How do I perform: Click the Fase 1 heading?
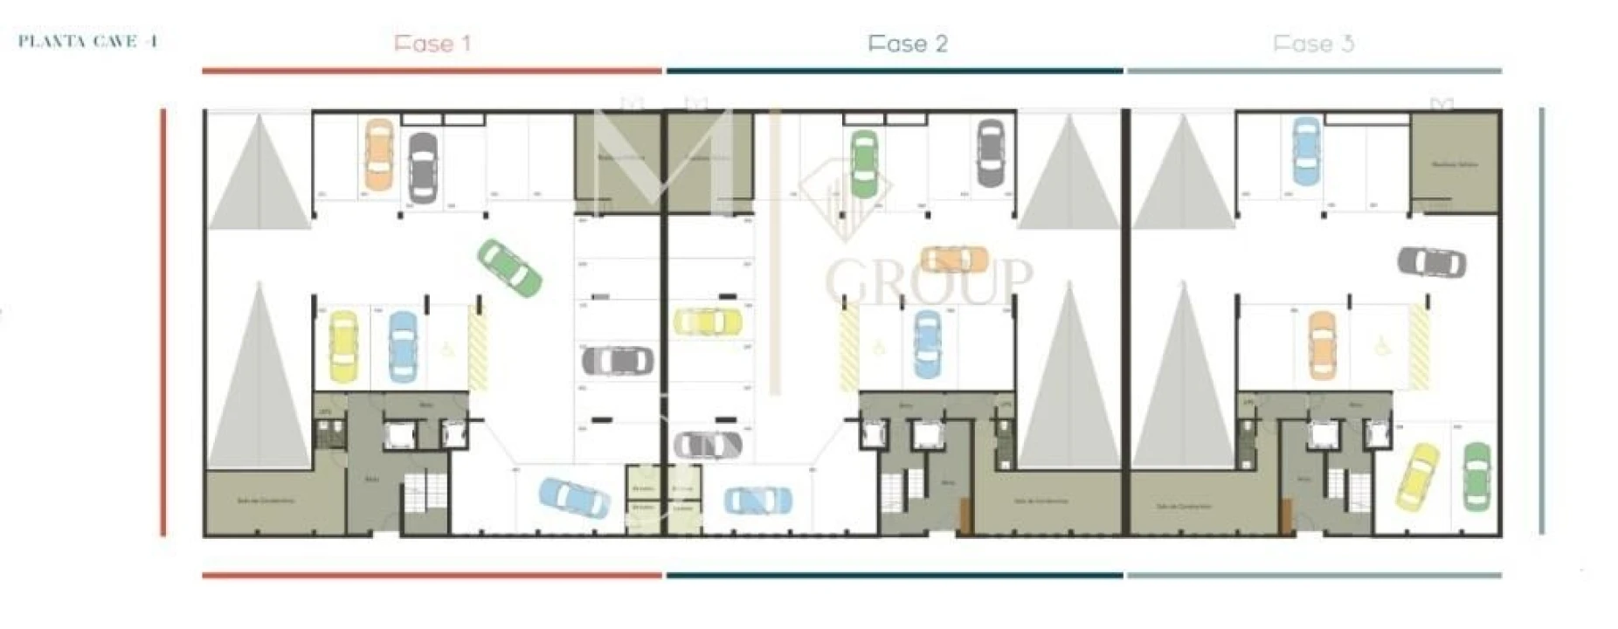[x=432, y=44]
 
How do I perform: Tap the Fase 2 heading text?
[x=907, y=44]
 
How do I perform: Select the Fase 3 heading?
[x=1313, y=44]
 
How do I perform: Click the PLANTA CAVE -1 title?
[x=87, y=41]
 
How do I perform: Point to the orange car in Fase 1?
[x=378, y=155]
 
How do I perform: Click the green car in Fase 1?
[x=509, y=267]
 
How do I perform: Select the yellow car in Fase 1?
[x=342, y=347]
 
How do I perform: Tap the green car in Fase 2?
[x=863, y=162]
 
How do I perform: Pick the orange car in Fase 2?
[x=954, y=259]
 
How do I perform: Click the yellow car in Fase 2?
[x=707, y=321]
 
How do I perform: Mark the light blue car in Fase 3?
[x=1305, y=150]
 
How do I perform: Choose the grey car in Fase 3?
[x=1432, y=260]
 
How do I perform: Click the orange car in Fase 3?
[x=1323, y=345]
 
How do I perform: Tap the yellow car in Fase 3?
[x=1417, y=477]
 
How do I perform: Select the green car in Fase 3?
[x=1477, y=477]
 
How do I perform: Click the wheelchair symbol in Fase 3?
[x=1383, y=348]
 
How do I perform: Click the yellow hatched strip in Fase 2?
[x=848, y=349]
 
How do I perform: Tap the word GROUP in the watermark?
[x=929, y=280]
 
